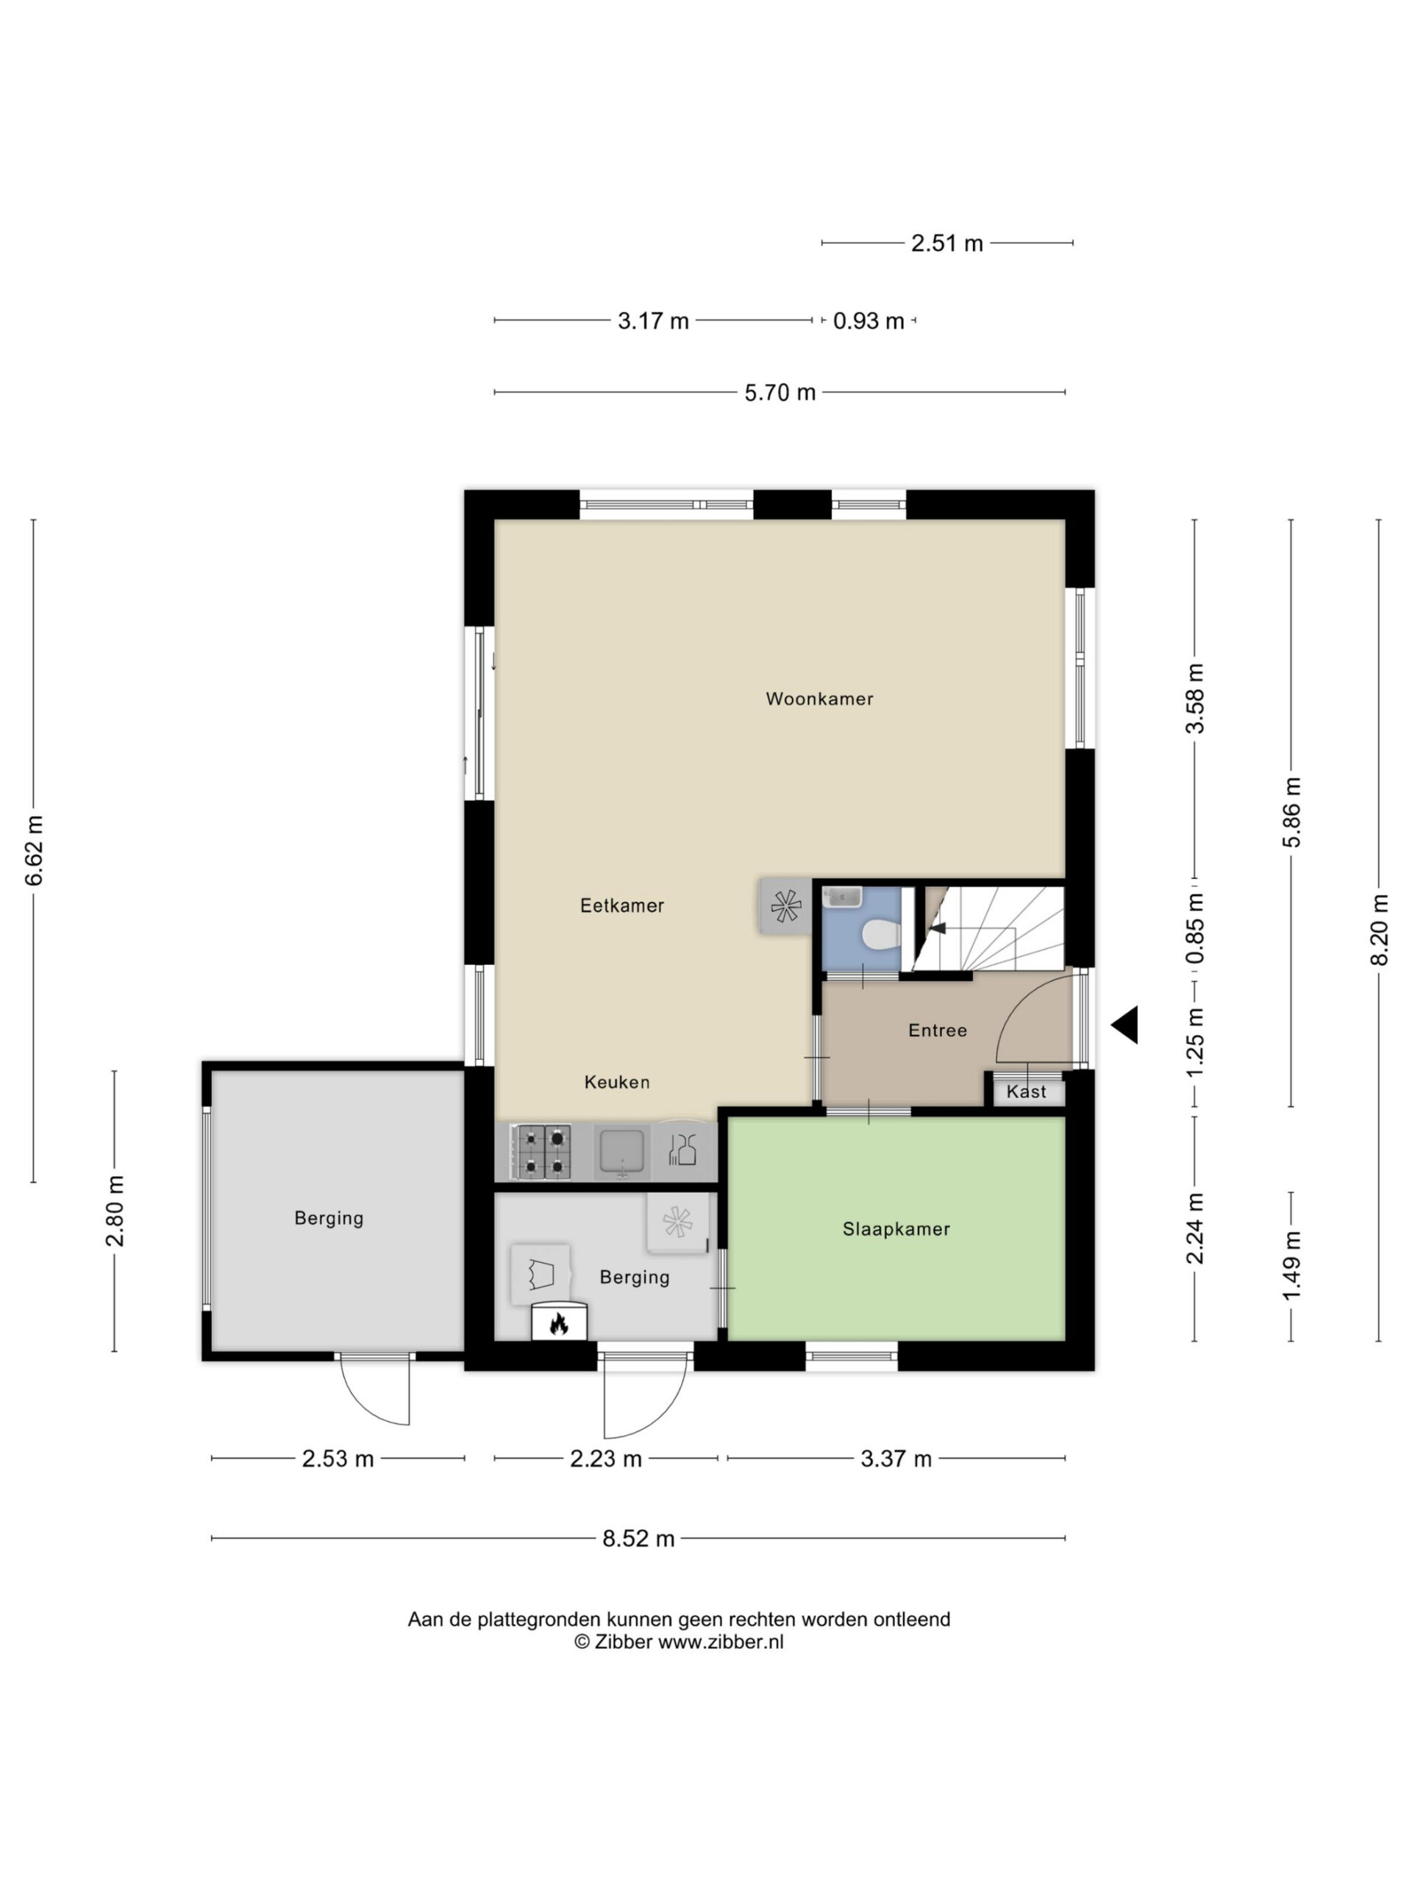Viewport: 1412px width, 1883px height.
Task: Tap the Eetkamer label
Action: coord(622,905)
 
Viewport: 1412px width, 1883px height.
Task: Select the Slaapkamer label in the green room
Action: coord(896,1229)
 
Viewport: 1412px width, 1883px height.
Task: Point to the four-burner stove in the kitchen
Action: coord(541,1152)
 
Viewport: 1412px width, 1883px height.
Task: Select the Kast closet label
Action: coord(1027,1092)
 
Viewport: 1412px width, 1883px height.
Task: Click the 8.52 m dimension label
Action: coord(638,1538)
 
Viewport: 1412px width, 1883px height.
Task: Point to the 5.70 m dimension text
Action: coord(780,393)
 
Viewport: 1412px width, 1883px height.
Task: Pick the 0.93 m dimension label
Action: coord(868,321)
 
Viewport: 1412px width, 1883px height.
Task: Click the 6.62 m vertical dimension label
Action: coord(34,850)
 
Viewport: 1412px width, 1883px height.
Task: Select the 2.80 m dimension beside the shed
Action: coord(115,1211)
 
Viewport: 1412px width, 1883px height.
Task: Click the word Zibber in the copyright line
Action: coord(624,1642)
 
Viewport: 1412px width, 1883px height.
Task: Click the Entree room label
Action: coord(938,1031)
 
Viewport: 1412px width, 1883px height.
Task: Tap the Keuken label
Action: coord(617,1082)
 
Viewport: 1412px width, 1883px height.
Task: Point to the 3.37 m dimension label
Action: coord(896,1459)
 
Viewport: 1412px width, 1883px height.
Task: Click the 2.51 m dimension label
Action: coord(947,243)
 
